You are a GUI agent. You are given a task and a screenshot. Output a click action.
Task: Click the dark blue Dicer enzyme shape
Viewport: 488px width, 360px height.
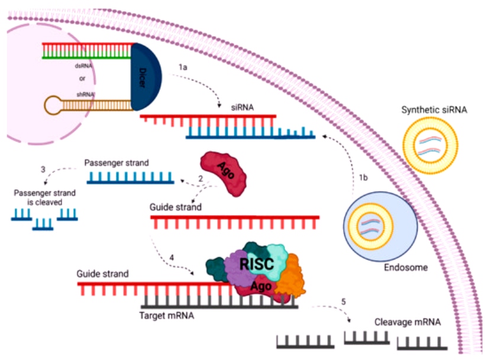(146, 77)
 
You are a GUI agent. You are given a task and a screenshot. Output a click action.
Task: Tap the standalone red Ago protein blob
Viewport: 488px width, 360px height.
(224, 173)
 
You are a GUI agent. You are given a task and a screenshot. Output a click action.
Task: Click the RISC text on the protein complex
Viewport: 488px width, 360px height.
(257, 264)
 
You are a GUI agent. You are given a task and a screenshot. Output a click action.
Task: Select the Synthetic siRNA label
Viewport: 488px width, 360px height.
(434, 110)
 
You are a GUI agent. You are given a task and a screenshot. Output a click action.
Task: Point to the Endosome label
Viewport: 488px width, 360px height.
(406, 267)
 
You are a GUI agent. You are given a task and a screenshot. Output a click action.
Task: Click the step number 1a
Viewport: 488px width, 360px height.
(183, 67)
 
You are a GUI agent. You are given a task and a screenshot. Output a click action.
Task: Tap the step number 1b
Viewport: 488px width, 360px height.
(363, 177)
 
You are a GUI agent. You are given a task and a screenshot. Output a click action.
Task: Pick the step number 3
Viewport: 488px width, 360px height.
(43, 169)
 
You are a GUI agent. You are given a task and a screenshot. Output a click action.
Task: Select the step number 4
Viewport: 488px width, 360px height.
(172, 258)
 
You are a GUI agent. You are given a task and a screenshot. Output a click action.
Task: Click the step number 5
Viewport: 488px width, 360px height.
(343, 301)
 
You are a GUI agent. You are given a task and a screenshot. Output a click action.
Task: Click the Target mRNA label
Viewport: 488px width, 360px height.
(166, 316)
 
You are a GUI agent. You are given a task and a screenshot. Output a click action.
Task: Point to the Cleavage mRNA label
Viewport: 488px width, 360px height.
(408, 322)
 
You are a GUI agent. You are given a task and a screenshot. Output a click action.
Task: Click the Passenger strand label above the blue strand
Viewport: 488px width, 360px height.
(117, 163)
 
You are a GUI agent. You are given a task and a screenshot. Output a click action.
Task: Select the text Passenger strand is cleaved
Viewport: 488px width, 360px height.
(44, 197)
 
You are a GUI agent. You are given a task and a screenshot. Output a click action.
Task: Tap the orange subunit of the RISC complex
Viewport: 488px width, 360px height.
(290, 275)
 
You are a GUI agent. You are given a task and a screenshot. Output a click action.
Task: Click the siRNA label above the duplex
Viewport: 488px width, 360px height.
(242, 108)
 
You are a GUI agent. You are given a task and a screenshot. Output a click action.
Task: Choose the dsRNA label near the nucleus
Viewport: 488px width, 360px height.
(83, 66)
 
